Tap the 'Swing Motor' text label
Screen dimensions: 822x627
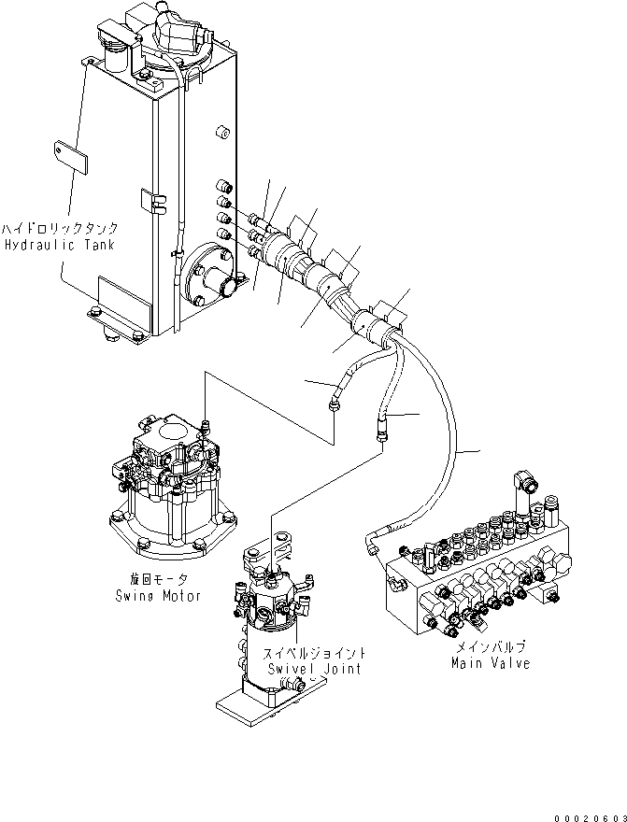pos(158,595)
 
